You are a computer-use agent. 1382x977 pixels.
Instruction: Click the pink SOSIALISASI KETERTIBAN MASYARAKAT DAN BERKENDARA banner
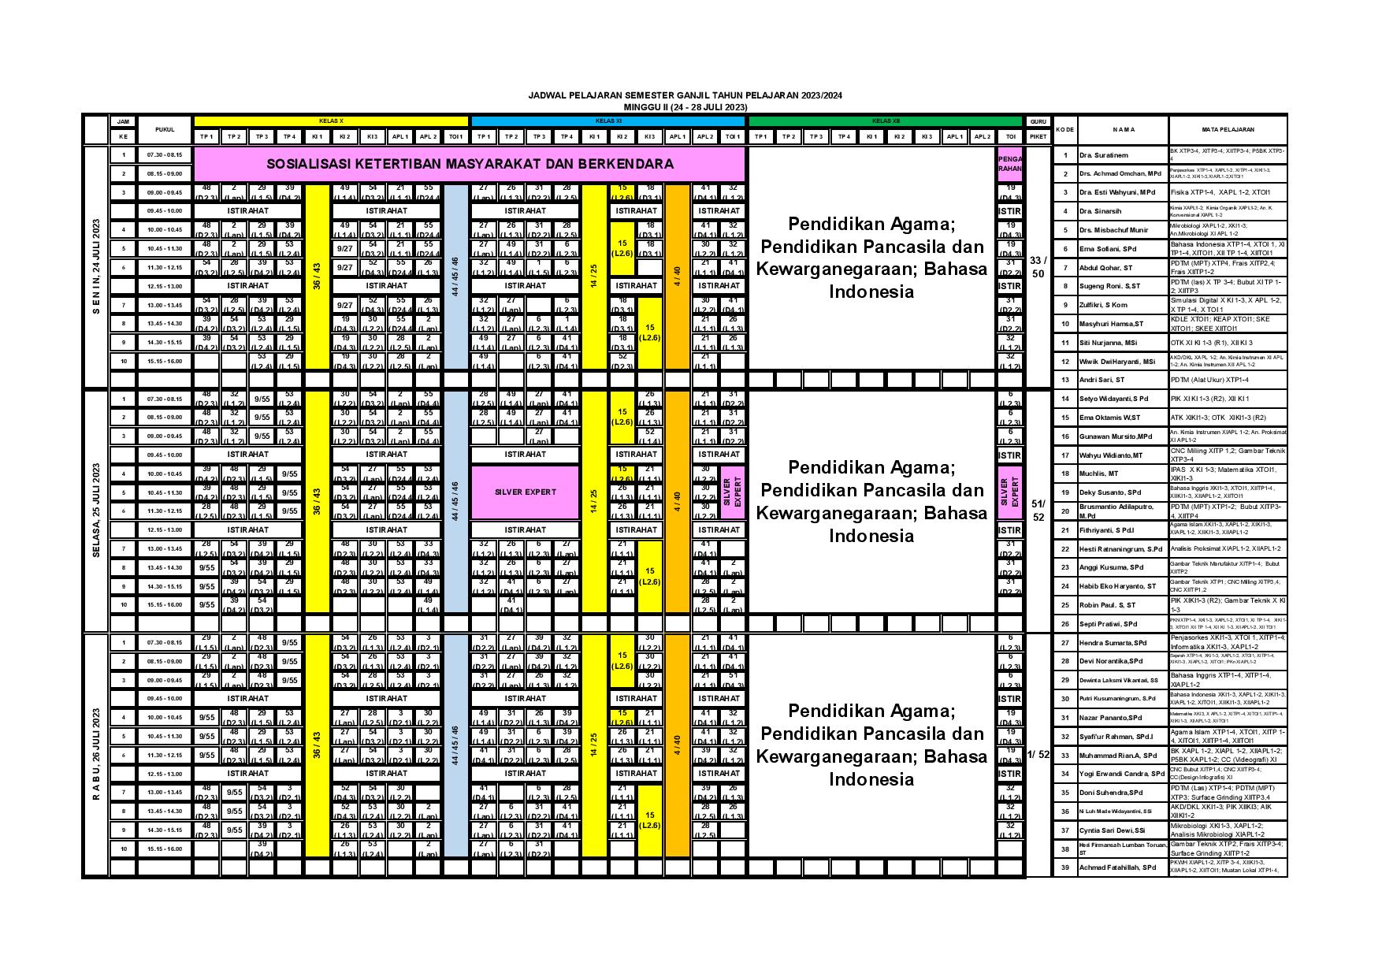470,165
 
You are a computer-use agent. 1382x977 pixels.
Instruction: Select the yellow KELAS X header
331,121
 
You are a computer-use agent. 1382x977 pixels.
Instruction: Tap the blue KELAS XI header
607,121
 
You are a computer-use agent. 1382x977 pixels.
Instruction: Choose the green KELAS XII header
885,121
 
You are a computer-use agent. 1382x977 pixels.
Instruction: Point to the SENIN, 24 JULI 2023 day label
96,266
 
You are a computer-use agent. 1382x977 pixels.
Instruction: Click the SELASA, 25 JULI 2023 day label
96,511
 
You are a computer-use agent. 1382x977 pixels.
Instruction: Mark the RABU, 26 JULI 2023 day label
96,754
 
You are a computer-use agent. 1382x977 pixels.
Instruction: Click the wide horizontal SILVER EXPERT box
526,492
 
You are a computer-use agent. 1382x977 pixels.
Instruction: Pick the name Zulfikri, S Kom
1104,305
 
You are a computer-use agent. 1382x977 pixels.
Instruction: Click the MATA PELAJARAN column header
1228,129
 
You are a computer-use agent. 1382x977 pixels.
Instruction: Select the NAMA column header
1123,129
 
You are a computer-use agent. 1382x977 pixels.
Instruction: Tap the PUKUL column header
165,129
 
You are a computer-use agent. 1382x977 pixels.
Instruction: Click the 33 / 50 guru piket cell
1038,266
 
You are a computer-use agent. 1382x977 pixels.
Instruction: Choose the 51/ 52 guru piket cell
1038,511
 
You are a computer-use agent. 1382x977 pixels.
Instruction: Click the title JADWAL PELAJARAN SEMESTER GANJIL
685,95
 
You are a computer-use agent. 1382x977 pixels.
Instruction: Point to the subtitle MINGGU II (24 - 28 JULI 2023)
685,106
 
